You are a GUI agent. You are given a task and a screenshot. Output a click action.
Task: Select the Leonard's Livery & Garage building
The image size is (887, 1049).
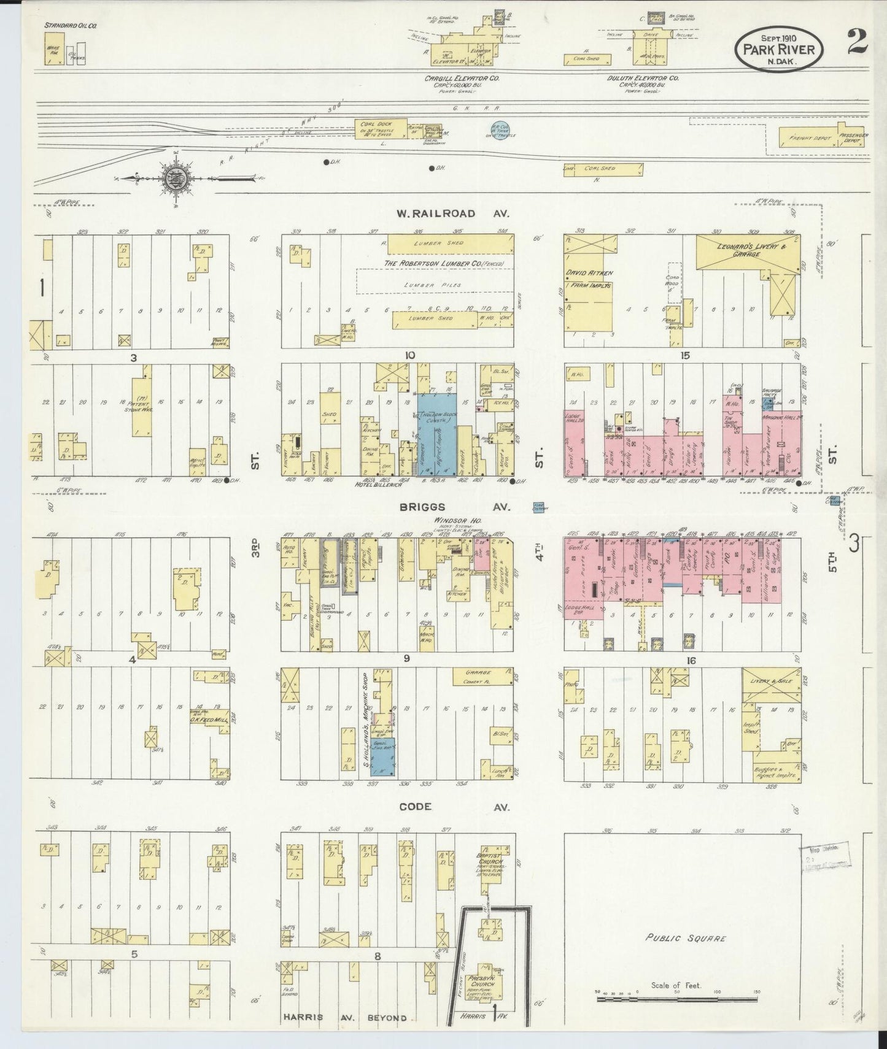pyautogui.click(x=748, y=254)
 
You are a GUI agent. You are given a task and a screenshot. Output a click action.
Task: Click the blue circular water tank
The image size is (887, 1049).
pyautogui.click(x=499, y=129)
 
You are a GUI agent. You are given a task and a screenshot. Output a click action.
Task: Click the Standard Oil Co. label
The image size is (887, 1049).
pyautogui.click(x=70, y=26)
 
